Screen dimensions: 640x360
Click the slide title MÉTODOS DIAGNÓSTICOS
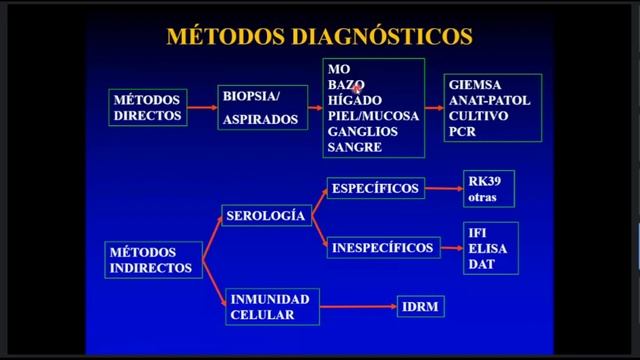coord(317,37)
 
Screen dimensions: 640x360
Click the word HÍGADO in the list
coord(349,101)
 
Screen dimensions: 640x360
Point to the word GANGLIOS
coord(362,131)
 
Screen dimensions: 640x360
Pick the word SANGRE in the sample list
coord(354,146)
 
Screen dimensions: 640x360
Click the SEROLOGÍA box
coord(266,216)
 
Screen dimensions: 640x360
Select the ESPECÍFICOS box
coord(375,186)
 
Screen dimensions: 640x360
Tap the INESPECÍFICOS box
coord(381,246)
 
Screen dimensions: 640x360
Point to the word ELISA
coord(485,249)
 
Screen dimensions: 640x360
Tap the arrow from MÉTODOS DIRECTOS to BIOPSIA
coord(203,107)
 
